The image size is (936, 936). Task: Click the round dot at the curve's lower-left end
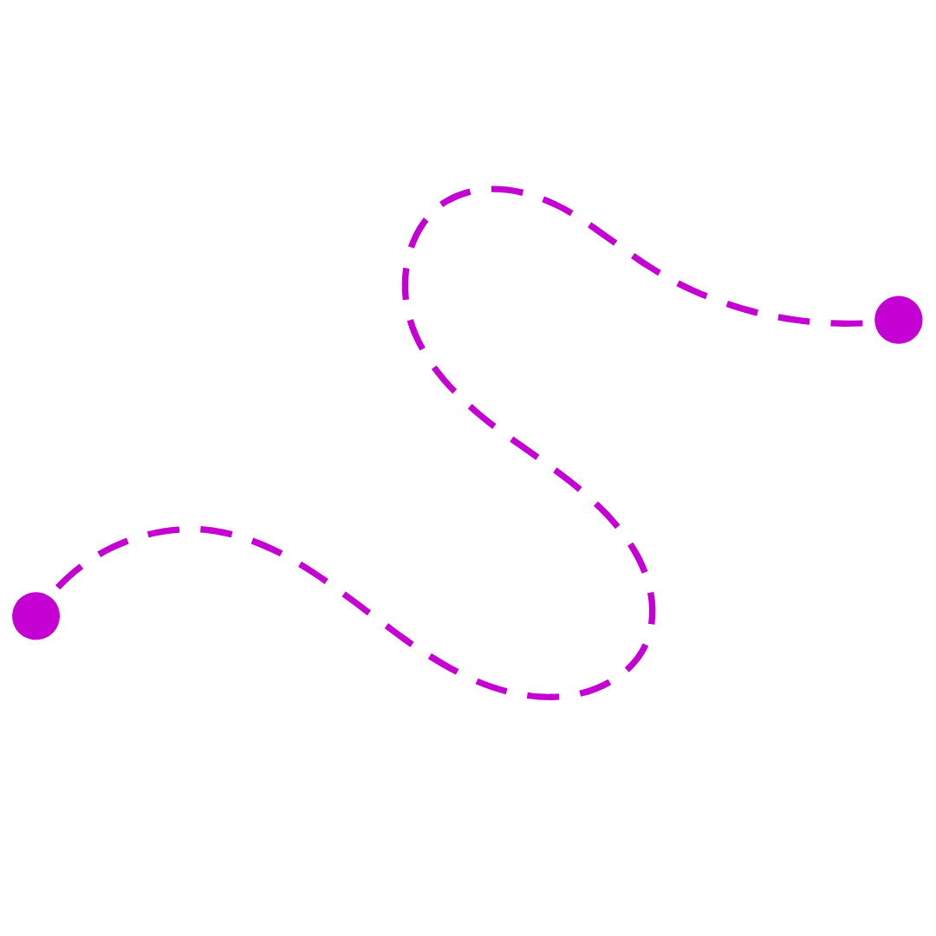(x=36, y=616)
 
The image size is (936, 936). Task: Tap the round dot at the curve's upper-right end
(x=898, y=320)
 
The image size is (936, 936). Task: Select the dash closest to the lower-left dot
(x=69, y=576)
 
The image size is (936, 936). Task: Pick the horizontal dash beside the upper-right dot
(x=846, y=323)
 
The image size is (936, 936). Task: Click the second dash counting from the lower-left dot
(x=113, y=546)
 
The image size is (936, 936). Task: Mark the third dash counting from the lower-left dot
(x=163, y=530)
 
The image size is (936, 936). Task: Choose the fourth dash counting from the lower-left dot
(x=216, y=530)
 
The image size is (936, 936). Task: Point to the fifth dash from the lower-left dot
(x=267, y=546)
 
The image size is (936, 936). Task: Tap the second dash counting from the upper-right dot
(x=794, y=319)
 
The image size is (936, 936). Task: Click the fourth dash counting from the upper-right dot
(x=692, y=289)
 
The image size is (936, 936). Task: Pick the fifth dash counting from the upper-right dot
(x=646, y=263)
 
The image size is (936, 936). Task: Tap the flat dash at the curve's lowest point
(x=543, y=696)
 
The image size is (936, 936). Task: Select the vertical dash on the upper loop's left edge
(x=405, y=284)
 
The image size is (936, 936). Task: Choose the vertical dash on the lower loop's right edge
(x=652, y=608)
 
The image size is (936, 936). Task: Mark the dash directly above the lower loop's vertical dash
(x=639, y=557)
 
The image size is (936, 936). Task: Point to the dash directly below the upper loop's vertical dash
(x=416, y=335)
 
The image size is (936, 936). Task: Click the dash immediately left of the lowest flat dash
(x=491, y=686)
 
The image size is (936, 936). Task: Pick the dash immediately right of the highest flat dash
(x=557, y=205)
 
